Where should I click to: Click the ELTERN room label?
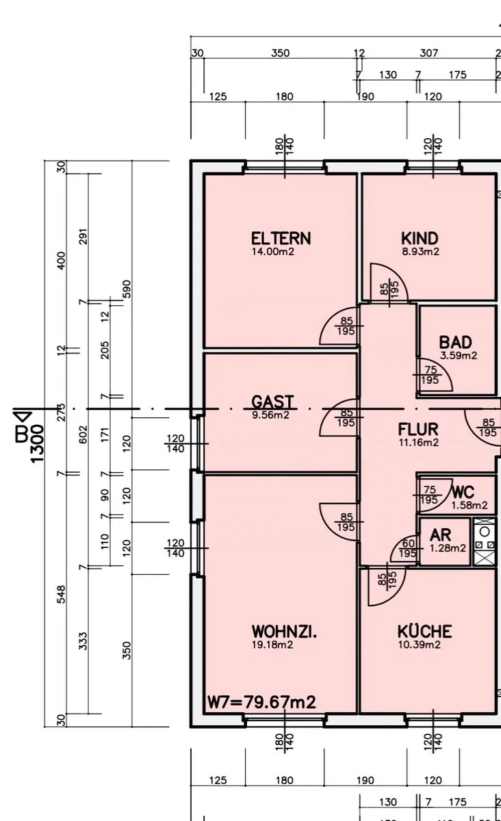coord(281,239)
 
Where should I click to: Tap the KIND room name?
coord(420,239)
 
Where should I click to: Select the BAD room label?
coord(456,342)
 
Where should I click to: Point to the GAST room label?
coord(272,402)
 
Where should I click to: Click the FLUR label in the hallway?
coord(418,429)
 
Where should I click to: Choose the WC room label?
coord(463,492)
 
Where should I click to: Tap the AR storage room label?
coord(440,535)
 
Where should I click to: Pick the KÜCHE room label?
coord(425,631)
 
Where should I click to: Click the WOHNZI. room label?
coord(284,631)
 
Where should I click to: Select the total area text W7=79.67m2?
coord(261,702)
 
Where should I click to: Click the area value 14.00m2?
coord(273,252)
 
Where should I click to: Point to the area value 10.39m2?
coord(420,644)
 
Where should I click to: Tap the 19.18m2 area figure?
coord(272,644)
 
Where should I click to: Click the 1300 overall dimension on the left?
coord(37,443)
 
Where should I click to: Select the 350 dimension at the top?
coord(280,53)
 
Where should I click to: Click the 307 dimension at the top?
coord(428,53)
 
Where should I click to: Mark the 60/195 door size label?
coord(408,548)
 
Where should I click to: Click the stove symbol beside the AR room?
coord(485,541)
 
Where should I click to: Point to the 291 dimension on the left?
coord(83,237)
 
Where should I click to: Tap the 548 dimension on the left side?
coord(61,594)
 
